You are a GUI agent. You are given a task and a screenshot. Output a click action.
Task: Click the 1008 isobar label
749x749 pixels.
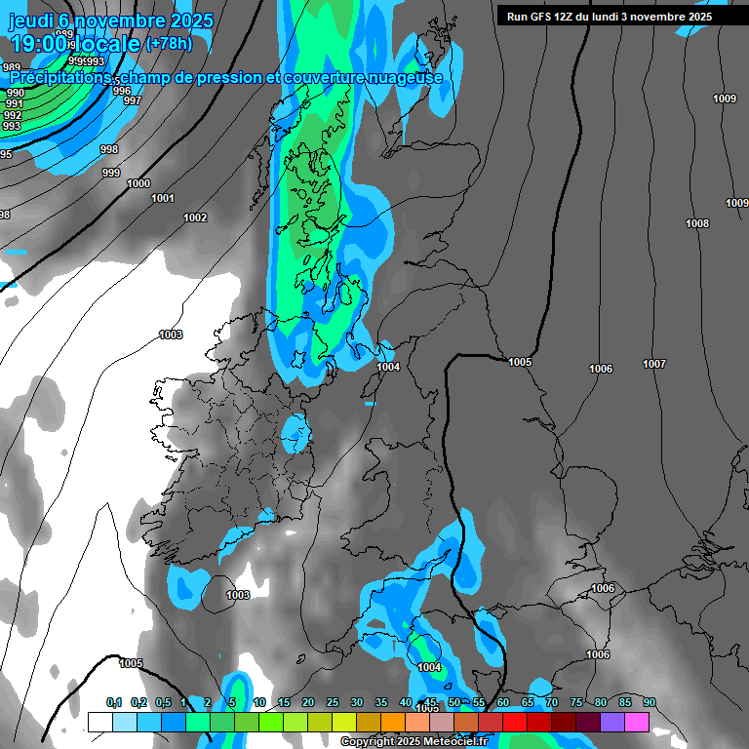tap(697, 224)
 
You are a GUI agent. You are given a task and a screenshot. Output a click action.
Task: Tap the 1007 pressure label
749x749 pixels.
tap(654, 364)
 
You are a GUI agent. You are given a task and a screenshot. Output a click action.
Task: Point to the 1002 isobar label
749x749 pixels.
tap(195, 217)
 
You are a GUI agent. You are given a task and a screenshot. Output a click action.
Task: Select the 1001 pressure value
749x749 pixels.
tap(163, 198)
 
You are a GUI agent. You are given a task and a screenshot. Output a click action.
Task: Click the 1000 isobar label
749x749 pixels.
tap(138, 183)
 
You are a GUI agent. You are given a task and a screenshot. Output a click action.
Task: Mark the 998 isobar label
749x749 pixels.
tap(109, 149)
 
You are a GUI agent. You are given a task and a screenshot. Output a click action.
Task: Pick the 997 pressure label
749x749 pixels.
tap(133, 100)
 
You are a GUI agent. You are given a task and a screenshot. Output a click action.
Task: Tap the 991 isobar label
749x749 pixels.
tap(15, 104)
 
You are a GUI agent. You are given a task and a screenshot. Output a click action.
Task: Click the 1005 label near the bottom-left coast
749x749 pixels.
tap(131, 663)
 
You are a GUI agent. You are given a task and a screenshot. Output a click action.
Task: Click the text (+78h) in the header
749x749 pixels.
tap(169, 44)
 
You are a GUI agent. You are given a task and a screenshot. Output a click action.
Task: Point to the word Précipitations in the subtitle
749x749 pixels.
tap(60, 77)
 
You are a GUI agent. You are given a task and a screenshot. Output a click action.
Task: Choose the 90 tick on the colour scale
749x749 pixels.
tap(650, 702)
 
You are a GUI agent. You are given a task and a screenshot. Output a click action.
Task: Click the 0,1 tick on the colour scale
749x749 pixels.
tap(114, 702)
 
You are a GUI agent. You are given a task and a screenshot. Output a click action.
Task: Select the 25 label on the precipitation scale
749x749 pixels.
tap(333, 702)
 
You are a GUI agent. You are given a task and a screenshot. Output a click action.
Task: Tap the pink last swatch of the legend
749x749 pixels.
tap(637, 722)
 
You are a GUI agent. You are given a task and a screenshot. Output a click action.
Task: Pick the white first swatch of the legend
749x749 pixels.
tap(99, 722)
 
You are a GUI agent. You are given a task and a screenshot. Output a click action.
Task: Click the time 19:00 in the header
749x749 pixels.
tap(39, 44)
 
